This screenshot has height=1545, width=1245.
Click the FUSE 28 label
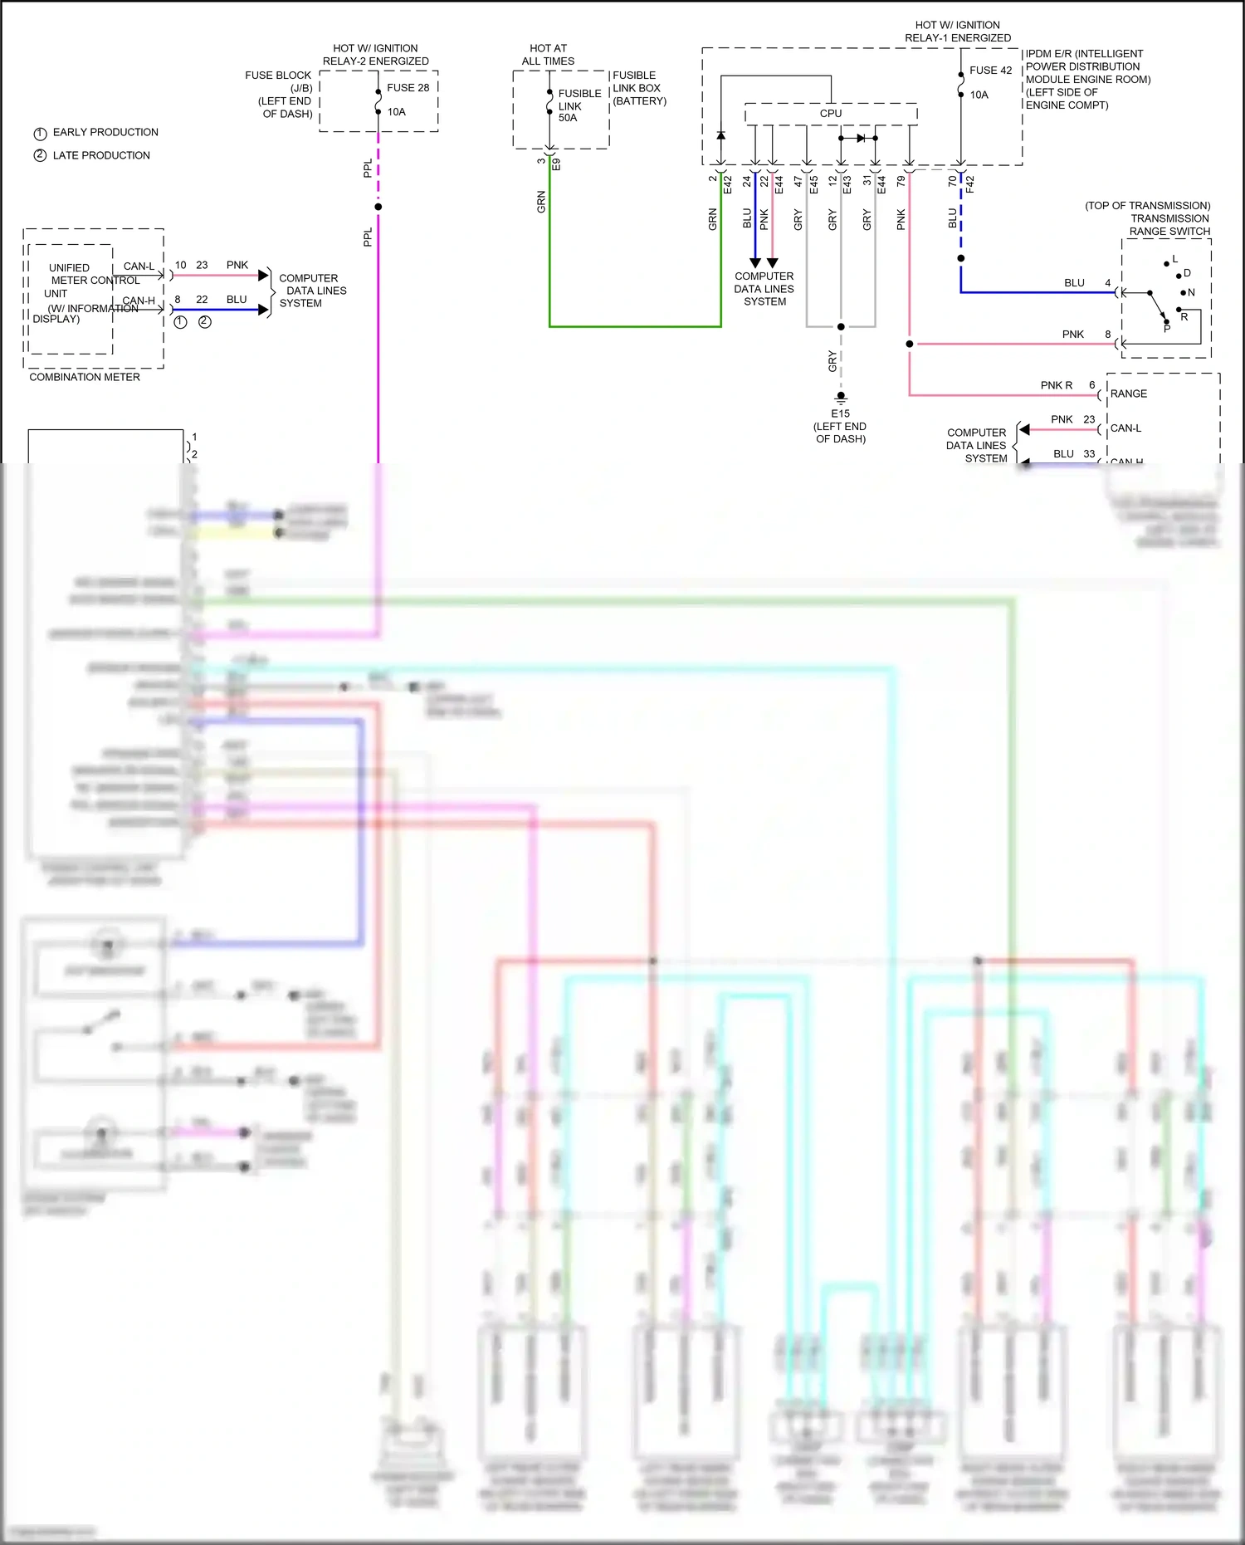[408, 87]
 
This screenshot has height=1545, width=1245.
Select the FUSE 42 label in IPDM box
[990, 71]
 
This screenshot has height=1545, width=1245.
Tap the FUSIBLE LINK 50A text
[579, 105]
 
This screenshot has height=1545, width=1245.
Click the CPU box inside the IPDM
[830, 114]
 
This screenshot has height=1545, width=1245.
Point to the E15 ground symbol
[841, 398]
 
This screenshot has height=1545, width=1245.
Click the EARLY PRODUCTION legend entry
[105, 132]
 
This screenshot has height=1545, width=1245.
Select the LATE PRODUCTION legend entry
[100, 155]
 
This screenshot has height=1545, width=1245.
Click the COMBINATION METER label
[85, 377]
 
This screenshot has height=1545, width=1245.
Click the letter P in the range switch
[1166, 329]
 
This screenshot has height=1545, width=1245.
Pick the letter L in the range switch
[1174, 260]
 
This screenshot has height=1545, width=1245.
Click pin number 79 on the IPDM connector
[901, 180]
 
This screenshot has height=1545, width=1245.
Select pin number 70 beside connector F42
[952, 180]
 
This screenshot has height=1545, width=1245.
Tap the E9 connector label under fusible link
[557, 164]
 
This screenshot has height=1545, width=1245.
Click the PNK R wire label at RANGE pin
[1056, 385]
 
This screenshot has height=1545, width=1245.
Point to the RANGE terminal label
[1129, 394]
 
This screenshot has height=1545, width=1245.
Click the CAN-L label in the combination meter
[139, 266]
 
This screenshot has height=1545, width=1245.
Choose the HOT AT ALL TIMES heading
[548, 55]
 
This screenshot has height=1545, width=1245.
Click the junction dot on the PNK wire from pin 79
[910, 344]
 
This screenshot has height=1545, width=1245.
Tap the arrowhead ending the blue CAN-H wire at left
[264, 310]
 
